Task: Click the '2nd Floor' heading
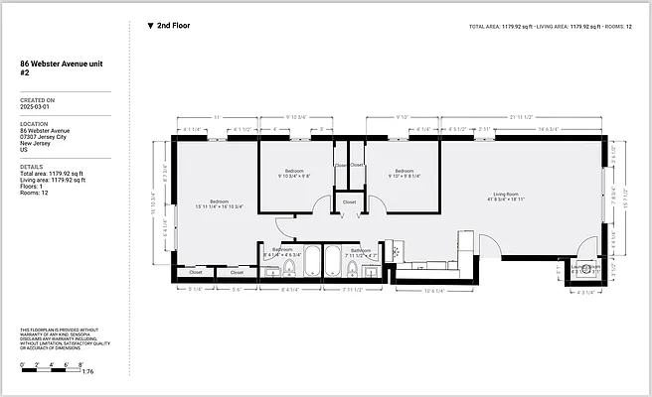click(175, 25)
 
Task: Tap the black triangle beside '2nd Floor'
click(150, 25)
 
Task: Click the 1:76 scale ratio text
click(87, 371)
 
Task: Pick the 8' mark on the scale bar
click(80, 364)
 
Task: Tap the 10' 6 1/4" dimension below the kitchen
click(434, 291)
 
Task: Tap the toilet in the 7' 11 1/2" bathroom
click(352, 267)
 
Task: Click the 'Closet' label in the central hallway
click(349, 201)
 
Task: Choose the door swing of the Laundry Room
click(586, 248)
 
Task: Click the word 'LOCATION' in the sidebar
click(36, 123)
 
